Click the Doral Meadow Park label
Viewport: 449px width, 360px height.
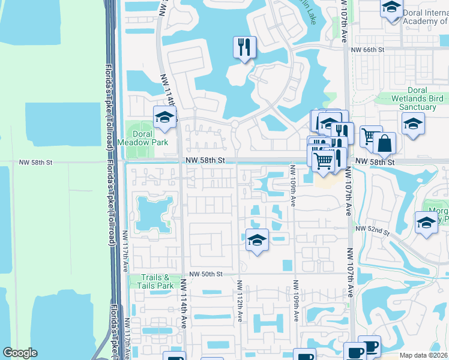coord(142,138)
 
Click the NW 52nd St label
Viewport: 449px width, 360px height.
coord(373,230)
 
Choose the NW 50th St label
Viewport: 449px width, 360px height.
coord(206,274)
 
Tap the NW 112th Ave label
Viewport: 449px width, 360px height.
coord(240,302)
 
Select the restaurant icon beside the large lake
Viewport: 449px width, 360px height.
coord(244,47)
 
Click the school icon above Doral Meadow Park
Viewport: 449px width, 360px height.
coord(164,118)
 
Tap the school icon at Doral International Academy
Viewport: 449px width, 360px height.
coord(391,7)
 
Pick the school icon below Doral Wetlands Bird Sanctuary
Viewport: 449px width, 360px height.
coord(413,125)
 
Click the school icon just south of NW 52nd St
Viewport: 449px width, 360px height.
coord(427,222)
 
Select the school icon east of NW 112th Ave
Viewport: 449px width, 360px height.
coord(257,241)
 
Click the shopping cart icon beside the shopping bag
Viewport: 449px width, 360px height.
coord(370,136)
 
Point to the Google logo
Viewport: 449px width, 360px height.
coord(20,353)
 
